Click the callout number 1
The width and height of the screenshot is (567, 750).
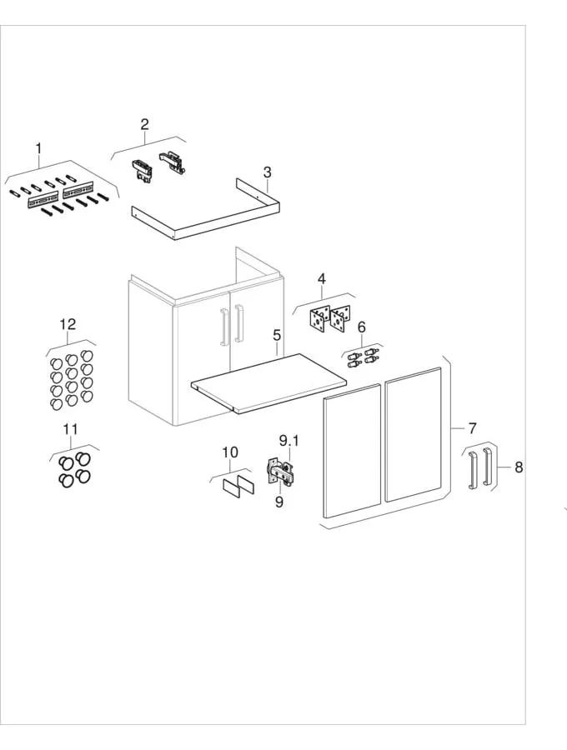(x=38, y=149)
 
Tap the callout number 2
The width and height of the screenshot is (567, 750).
(x=144, y=124)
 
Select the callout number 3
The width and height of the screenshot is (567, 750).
(x=267, y=172)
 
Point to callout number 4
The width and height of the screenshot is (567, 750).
(x=321, y=278)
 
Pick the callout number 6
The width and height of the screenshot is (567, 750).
(x=361, y=327)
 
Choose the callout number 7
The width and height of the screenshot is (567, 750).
(x=472, y=428)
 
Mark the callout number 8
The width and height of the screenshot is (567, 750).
(x=518, y=467)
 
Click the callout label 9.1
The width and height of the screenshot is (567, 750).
(x=288, y=439)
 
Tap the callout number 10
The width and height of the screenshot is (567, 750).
(x=230, y=452)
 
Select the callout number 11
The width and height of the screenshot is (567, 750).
(x=71, y=430)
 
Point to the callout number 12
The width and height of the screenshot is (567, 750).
(x=68, y=324)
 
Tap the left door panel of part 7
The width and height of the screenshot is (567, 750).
(x=352, y=453)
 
